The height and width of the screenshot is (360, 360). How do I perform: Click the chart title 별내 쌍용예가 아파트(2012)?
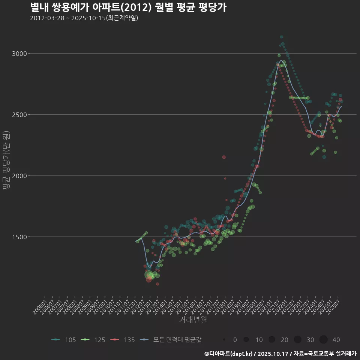coord(128,7)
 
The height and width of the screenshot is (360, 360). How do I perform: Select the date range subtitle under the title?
coord(84,18)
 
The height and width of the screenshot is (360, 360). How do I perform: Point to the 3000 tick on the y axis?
coord(19,54)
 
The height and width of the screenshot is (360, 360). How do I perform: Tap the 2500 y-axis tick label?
coord(19,115)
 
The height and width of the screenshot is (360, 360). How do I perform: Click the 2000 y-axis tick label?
coord(19,176)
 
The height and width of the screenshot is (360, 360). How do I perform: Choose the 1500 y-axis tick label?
coord(19,237)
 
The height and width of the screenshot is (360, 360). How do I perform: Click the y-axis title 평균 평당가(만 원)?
coord(6,161)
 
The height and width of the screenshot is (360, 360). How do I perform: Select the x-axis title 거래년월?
coord(193,319)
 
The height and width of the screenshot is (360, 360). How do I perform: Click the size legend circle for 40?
coord(324,340)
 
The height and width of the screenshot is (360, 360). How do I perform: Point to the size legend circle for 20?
coord(272,340)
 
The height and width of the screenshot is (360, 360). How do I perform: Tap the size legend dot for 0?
coord(224,340)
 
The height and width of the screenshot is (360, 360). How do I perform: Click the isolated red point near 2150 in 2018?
coord(224,157)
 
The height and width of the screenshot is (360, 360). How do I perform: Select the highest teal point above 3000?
coord(282,37)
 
